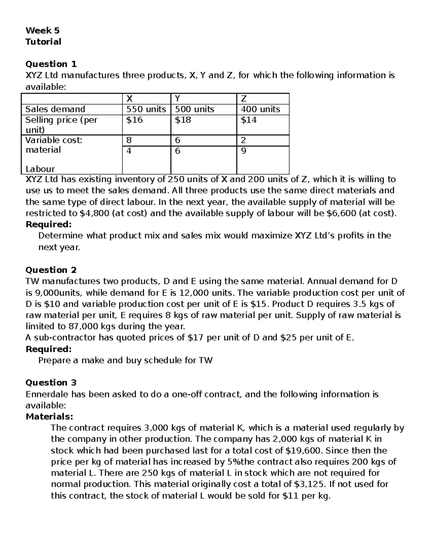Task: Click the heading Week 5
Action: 42,30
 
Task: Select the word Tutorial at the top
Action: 43,42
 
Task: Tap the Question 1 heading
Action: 51,64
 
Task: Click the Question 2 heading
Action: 51,270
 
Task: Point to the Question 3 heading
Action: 51,382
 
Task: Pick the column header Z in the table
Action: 244,98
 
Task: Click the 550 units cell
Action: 146,109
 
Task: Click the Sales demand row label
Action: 55,109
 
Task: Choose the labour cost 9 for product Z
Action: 244,151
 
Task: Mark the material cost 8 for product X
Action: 129,140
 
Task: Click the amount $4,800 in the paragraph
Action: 94,213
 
